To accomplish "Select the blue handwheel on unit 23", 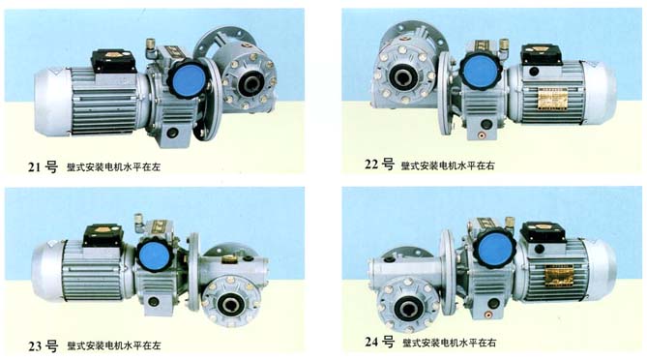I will [154, 255].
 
